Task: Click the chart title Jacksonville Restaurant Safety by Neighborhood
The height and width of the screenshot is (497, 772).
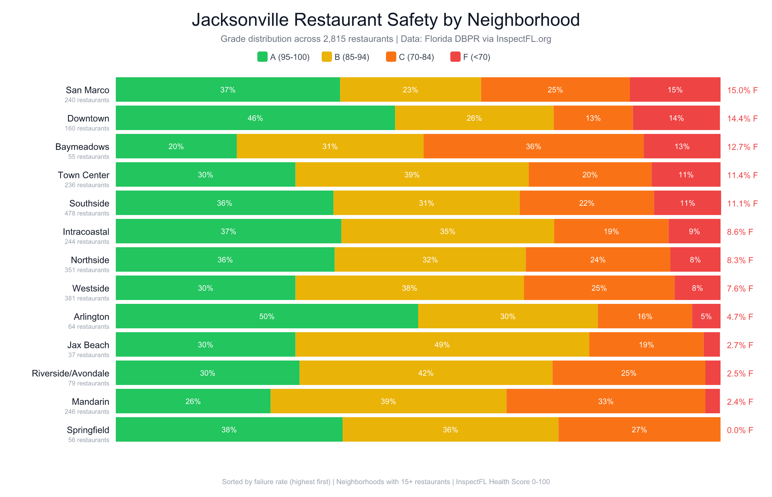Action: tap(386, 20)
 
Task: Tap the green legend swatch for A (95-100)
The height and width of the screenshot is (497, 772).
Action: tap(262, 57)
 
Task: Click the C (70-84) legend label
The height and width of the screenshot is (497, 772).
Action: tap(416, 57)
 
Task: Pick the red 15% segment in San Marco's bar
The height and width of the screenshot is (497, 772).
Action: tap(675, 90)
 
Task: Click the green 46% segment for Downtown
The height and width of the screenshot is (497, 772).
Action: tap(255, 118)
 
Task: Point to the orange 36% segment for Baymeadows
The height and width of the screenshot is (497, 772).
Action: tap(533, 146)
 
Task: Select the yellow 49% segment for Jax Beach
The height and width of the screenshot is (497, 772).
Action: tap(442, 345)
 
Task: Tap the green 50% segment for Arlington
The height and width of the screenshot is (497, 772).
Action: tap(267, 316)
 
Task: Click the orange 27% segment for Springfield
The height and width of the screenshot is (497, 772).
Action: tap(639, 429)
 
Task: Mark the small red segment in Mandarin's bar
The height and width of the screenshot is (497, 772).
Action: tap(712, 401)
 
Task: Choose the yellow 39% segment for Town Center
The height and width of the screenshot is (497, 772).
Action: tap(412, 174)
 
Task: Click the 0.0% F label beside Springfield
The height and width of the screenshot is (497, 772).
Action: tap(740, 430)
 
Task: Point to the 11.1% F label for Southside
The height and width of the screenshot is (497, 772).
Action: tap(742, 204)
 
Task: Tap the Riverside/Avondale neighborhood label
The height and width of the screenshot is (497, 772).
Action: tap(70, 373)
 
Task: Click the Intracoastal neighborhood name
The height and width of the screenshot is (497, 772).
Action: tap(86, 232)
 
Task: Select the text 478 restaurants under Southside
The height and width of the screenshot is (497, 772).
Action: tap(87, 213)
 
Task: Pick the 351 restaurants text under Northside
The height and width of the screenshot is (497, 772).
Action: tap(87, 270)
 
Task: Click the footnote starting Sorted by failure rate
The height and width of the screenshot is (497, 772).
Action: tap(386, 482)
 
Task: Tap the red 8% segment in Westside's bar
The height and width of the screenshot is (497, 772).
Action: tap(697, 288)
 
